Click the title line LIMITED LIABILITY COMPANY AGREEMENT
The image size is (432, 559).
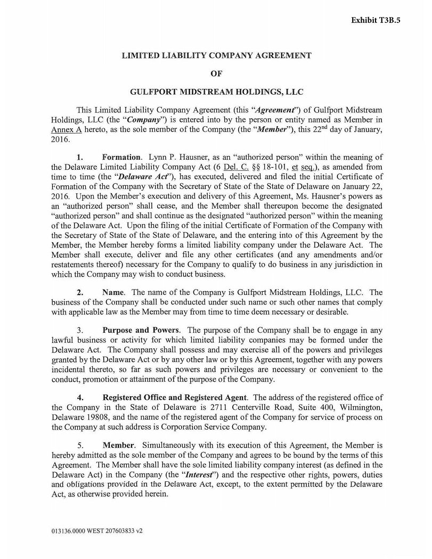point(217,55)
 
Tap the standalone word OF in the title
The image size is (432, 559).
point(216,73)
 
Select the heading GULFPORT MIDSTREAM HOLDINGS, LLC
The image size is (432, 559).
point(216,92)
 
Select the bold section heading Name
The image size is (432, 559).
point(113,293)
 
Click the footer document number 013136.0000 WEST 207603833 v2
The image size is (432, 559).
point(97,531)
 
